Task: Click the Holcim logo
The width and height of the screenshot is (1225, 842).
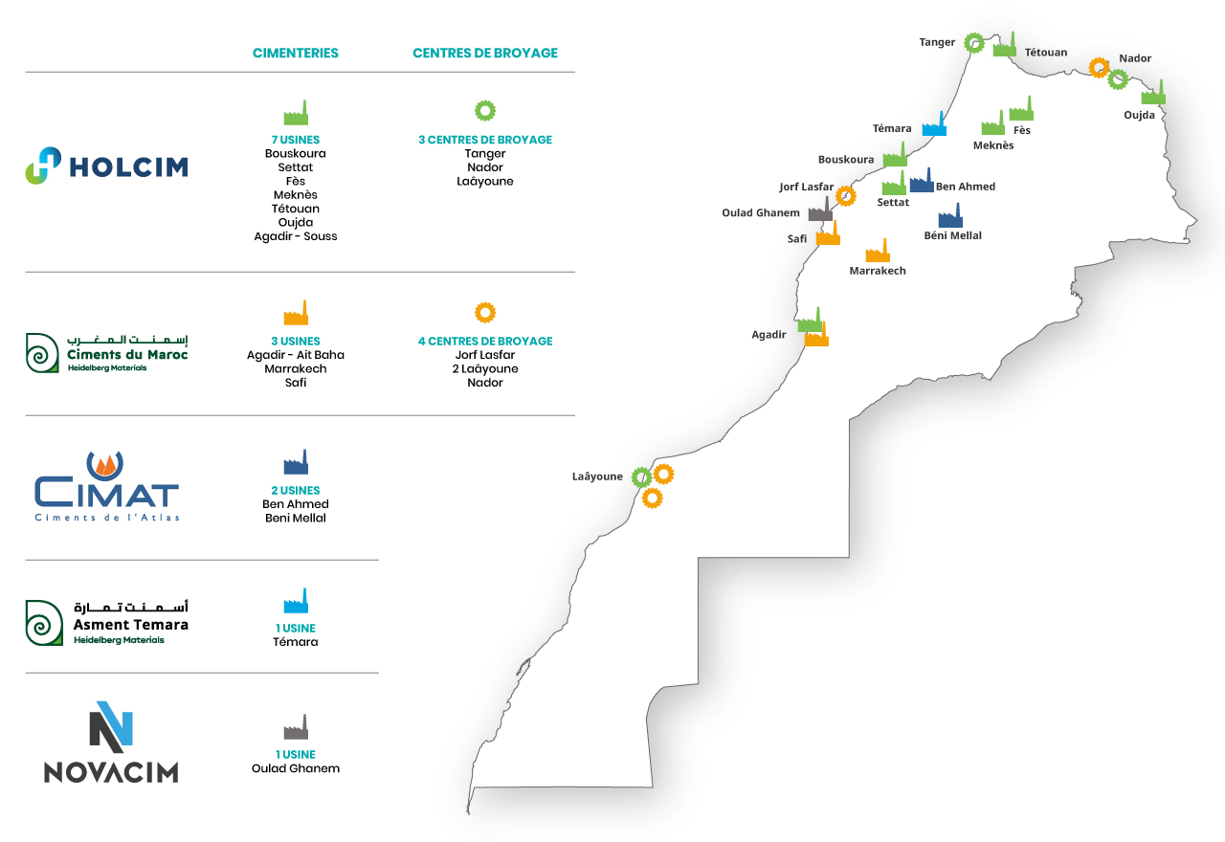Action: (106, 166)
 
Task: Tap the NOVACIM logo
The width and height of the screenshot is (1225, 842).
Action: (111, 742)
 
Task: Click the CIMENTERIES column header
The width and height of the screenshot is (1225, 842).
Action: (296, 53)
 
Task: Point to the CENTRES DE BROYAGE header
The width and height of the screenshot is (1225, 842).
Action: (485, 53)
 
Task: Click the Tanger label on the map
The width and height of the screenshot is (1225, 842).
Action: (937, 42)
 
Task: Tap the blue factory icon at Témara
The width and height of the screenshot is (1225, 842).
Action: (934, 124)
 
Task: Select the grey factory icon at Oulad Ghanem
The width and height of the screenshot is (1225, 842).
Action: (820, 210)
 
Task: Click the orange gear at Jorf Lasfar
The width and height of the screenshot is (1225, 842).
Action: (845, 196)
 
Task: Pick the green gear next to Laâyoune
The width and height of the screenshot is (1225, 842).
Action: (642, 477)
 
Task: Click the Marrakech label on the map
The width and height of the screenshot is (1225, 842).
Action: (878, 271)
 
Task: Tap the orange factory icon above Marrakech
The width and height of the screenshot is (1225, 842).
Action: (878, 251)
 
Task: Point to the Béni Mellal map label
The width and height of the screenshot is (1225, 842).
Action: (952, 235)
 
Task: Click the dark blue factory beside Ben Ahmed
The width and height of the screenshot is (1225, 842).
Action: (922, 181)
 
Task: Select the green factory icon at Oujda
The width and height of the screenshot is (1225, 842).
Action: (1153, 93)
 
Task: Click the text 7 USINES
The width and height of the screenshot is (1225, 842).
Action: (296, 140)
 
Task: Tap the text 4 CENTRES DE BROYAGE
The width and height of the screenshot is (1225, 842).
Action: (485, 342)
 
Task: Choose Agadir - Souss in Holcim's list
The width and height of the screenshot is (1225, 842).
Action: (296, 236)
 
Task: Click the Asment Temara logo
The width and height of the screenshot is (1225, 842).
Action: (106, 623)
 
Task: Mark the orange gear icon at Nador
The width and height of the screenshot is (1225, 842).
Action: (1099, 68)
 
